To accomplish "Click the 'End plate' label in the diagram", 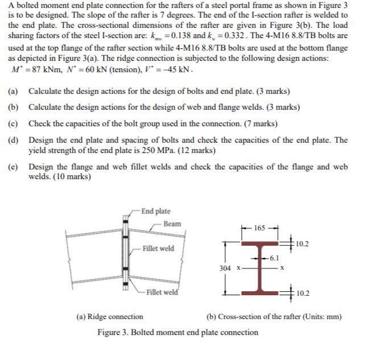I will pyautogui.click(x=155, y=211).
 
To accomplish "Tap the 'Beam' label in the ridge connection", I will pyautogui.click(x=172, y=224).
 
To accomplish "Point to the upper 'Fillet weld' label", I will pyautogui.click(x=158, y=249).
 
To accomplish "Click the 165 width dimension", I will pyautogui.click(x=259, y=228).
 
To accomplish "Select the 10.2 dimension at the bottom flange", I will pyautogui.click(x=303, y=293).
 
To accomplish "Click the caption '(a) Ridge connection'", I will pyautogui.click(x=110, y=317).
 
